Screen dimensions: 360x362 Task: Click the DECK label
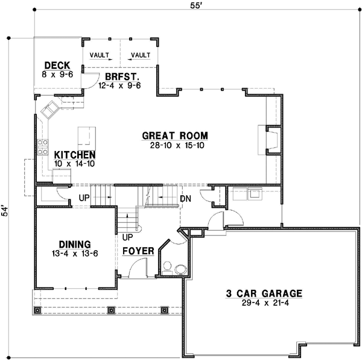(x=58, y=65)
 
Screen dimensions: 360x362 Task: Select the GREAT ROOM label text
(x=175, y=135)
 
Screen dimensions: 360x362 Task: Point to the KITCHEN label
(x=74, y=155)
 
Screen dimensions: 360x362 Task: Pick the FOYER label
(x=137, y=251)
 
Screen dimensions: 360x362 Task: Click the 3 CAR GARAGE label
(x=264, y=294)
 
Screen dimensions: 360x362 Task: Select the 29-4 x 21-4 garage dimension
(x=264, y=303)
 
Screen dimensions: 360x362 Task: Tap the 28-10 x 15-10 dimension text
(x=175, y=145)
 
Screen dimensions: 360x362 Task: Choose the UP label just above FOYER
(x=128, y=237)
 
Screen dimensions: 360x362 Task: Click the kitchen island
(x=86, y=134)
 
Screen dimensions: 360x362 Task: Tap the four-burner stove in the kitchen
(x=43, y=147)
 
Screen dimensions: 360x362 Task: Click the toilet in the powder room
(x=167, y=266)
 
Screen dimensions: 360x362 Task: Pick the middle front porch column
(x=111, y=310)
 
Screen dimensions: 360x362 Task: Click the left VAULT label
(x=100, y=55)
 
